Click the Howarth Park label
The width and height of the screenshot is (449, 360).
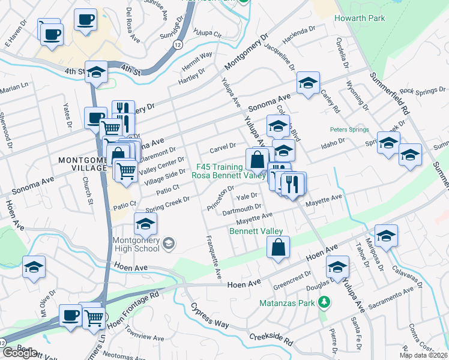[360, 18]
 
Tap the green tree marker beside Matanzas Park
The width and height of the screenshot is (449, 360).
[324, 301]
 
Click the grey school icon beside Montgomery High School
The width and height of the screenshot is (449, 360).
[169, 243]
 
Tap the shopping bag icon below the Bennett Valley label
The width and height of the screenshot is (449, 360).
[279, 247]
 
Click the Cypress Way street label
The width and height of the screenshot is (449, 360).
[210, 314]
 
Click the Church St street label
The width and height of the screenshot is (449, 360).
[88, 192]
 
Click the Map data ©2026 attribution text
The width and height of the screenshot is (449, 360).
[423, 355]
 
